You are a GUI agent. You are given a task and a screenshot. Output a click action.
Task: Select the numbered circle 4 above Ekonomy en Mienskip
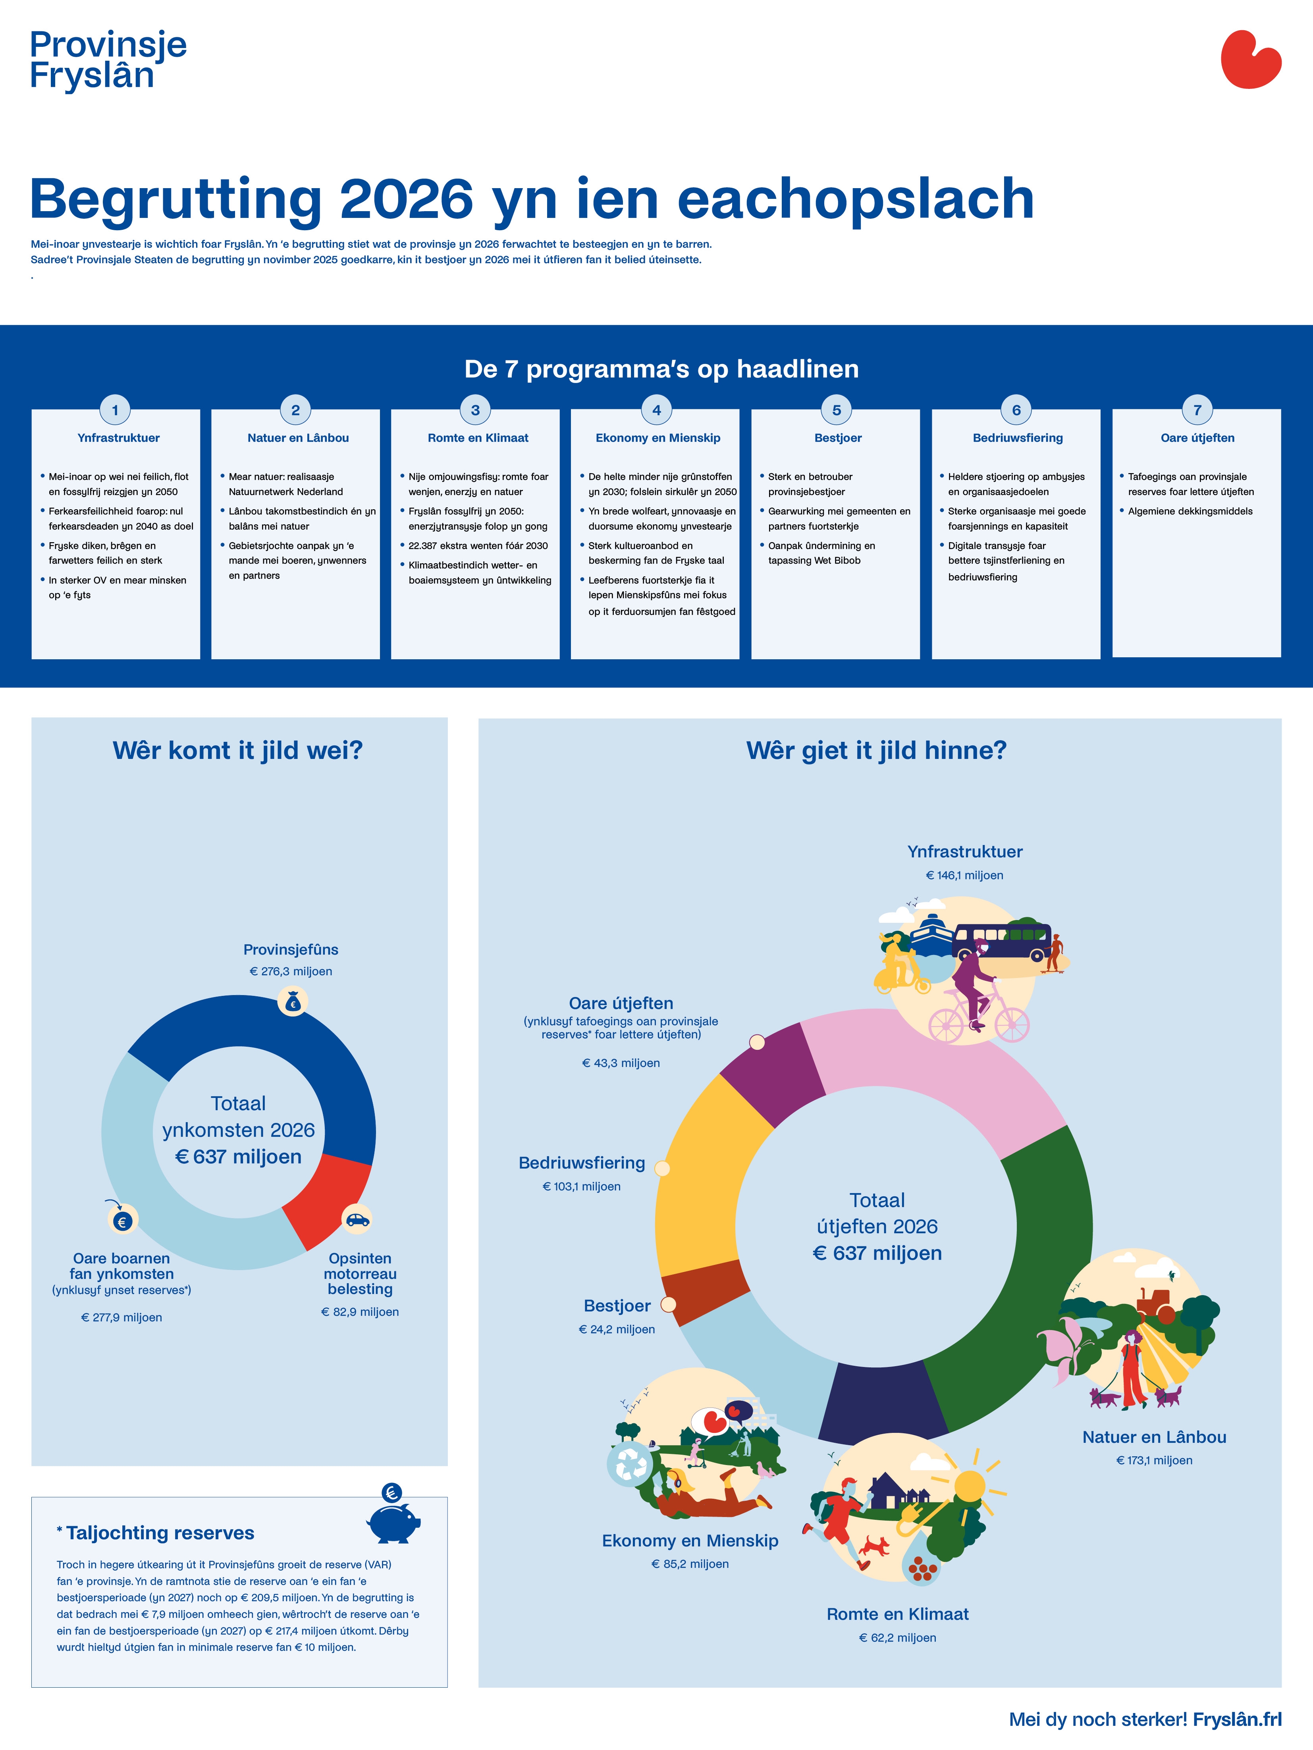tap(656, 410)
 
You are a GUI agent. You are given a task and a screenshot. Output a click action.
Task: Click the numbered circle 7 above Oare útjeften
tap(1197, 410)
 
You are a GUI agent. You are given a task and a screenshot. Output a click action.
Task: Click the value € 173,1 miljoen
tap(1154, 1460)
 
